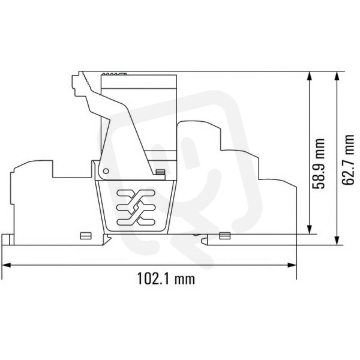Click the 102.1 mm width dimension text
[166, 278]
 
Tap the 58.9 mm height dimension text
[319, 163]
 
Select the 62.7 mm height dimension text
[348, 160]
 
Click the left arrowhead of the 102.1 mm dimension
[7, 265]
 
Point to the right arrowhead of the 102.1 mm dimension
[292, 265]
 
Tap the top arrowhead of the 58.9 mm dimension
[309, 76]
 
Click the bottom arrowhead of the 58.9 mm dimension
[309, 230]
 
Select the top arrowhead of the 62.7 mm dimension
[337, 76]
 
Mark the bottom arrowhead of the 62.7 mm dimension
[337, 241]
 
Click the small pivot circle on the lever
[106, 171]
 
